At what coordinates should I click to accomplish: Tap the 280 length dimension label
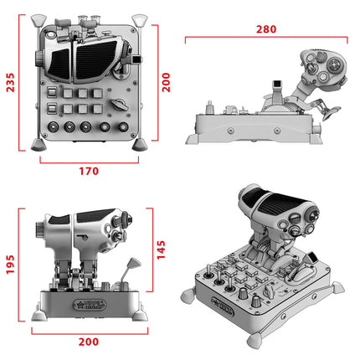click(x=266, y=28)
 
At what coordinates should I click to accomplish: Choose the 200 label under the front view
click(x=90, y=342)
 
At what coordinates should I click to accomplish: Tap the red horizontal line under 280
click(x=266, y=39)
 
